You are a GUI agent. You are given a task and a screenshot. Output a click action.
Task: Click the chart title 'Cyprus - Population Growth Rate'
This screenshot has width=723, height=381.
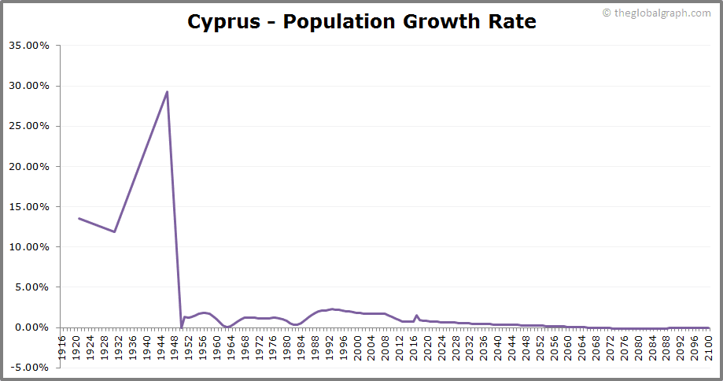pyautogui.click(x=361, y=21)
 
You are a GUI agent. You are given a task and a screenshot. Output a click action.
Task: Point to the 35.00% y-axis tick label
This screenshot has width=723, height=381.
pyautogui.click(x=29, y=46)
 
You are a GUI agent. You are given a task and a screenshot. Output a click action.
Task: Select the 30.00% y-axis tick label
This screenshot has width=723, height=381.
pyautogui.click(x=29, y=86)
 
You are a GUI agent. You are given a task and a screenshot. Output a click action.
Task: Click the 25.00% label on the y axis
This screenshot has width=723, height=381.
pyautogui.click(x=29, y=126)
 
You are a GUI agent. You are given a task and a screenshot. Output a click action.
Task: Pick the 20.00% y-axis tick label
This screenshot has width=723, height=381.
pyautogui.click(x=29, y=167)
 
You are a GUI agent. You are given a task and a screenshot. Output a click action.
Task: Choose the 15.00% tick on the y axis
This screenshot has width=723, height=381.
pyautogui.click(x=29, y=207)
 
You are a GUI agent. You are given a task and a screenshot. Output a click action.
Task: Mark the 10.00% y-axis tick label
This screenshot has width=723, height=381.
pyautogui.click(x=29, y=247)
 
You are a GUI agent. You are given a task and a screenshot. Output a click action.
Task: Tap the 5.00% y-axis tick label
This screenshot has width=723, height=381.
pyautogui.click(x=31, y=287)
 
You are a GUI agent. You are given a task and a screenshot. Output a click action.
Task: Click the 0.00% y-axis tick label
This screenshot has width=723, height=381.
pyautogui.click(x=31, y=327)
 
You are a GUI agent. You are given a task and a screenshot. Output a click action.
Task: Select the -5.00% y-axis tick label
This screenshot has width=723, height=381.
pyautogui.click(x=29, y=368)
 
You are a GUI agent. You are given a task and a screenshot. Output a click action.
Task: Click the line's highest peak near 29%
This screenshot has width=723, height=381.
pyautogui.click(x=167, y=91)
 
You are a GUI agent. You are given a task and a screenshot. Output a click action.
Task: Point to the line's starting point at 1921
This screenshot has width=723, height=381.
pyautogui.click(x=79, y=218)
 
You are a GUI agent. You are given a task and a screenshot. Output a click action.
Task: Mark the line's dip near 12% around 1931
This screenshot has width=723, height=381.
pyautogui.click(x=115, y=231)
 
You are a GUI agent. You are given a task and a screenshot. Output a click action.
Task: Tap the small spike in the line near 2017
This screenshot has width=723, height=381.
pyautogui.click(x=416, y=316)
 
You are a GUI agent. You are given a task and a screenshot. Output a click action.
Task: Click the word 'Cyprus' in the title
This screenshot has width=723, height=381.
pyautogui.click(x=222, y=21)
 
